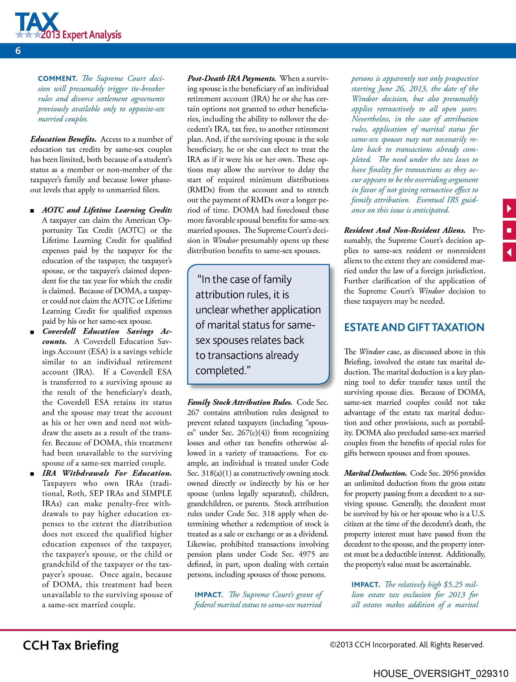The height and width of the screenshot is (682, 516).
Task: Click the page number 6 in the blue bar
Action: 18,51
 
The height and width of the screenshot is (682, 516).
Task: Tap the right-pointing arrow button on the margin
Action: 509,209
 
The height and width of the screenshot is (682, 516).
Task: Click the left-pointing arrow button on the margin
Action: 509,252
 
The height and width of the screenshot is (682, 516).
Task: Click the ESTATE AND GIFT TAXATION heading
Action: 414,327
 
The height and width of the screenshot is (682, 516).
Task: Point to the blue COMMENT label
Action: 57,79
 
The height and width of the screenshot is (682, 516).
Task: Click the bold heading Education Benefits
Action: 63,139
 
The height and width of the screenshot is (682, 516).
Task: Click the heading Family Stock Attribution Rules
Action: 240,402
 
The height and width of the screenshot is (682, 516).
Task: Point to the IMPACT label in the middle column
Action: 208,595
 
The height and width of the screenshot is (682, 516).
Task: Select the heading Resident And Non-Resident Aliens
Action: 405,230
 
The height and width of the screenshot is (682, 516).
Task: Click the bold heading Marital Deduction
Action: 375,473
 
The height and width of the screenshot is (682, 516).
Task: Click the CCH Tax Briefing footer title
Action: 71,645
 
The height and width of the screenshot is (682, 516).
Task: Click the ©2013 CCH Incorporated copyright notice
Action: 407,645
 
